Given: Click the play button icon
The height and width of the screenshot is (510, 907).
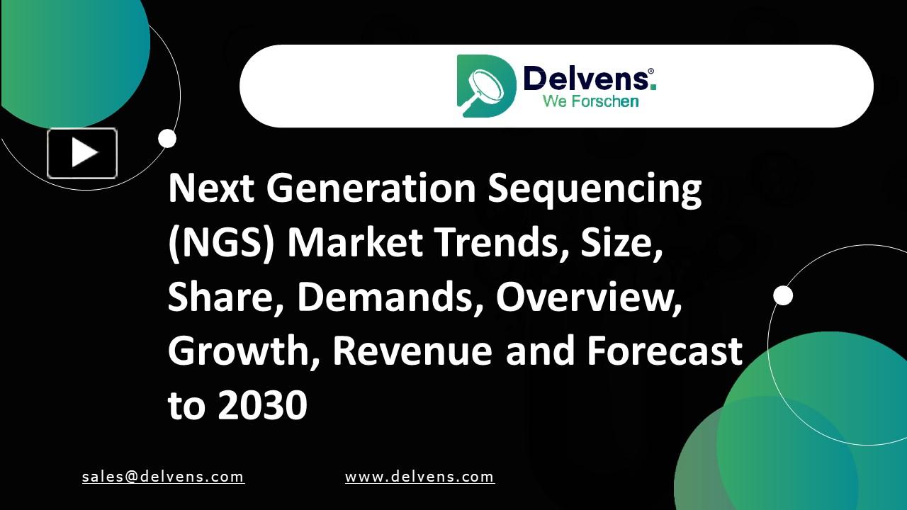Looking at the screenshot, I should (x=82, y=153).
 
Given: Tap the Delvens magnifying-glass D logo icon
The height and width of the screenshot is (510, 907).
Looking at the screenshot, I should (x=485, y=86).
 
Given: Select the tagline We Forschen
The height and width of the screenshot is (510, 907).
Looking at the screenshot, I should (x=590, y=101).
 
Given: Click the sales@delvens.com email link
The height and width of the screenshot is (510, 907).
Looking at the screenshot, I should (x=163, y=477).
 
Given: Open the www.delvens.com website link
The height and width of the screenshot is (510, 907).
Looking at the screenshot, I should (x=419, y=477).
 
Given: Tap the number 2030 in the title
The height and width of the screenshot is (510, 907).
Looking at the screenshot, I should (x=262, y=405).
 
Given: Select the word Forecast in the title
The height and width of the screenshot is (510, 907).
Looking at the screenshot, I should (x=664, y=351).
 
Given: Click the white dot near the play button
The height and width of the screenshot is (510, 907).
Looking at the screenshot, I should (x=167, y=139).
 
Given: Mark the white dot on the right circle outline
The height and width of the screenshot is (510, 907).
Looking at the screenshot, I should (x=783, y=295).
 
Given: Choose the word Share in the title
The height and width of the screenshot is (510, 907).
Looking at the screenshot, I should (x=225, y=297).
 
